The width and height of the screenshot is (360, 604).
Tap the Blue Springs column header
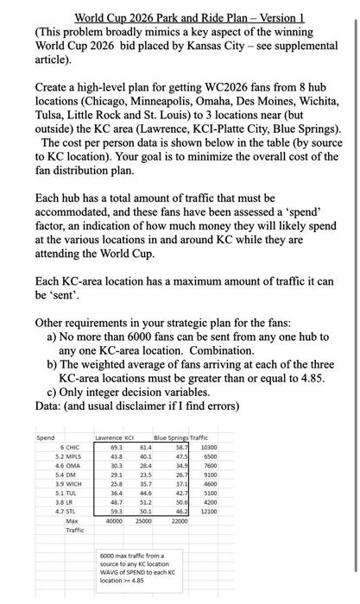click(171, 436)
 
